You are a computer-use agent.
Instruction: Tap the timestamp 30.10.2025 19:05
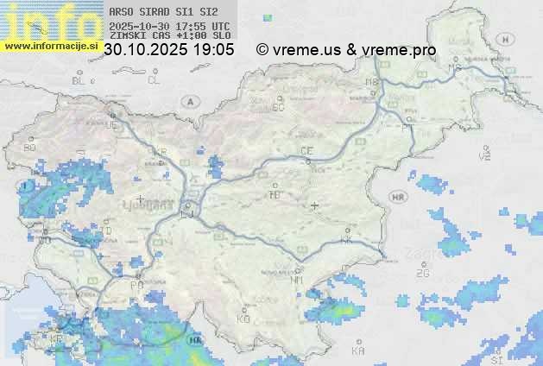pyautogui.click(x=169, y=50)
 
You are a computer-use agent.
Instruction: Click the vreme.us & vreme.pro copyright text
pyautogui.click(x=346, y=50)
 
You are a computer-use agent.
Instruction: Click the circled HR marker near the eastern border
pyautogui.click(x=398, y=198)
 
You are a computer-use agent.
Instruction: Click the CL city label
pyautogui.click(x=154, y=80)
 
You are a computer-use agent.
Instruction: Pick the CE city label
pyautogui.click(x=306, y=151)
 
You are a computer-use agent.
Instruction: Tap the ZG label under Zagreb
pyautogui.click(x=422, y=274)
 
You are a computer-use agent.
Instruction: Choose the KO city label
pyautogui.click(x=243, y=319)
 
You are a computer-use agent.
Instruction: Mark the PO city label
pyautogui.click(x=136, y=285)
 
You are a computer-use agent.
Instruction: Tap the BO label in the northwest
pyautogui.click(x=30, y=148)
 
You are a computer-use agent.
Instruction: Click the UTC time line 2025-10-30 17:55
pyautogui.click(x=169, y=27)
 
